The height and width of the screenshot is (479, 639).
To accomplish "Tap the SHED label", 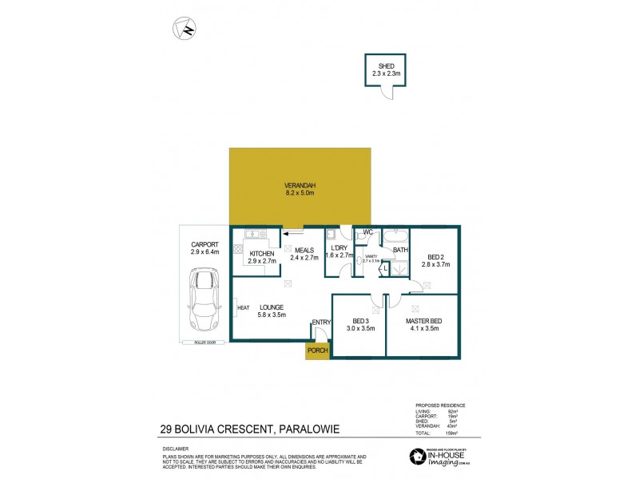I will click(x=385, y=66).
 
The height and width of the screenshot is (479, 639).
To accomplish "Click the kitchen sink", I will click(x=255, y=235).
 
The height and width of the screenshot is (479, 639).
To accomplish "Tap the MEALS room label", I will click(x=304, y=249).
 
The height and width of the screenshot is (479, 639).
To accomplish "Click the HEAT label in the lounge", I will click(x=243, y=307).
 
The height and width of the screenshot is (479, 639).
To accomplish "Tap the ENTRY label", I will click(x=321, y=322).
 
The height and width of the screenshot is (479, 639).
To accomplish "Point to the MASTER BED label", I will click(x=422, y=320).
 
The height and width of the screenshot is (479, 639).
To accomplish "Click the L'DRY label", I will click(x=336, y=248).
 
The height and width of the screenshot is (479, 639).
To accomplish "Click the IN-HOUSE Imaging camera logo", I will click(x=418, y=456).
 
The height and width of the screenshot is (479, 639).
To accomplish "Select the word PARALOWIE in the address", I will click(x=308, y=430).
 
